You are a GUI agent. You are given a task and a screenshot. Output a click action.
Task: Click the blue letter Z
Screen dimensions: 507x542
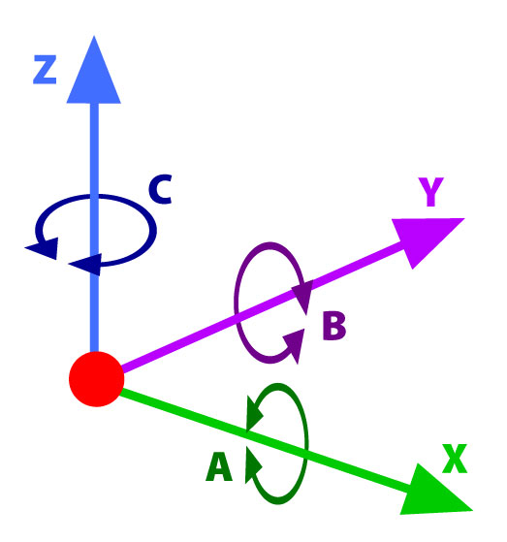pyautogui.click(x=45, y=70)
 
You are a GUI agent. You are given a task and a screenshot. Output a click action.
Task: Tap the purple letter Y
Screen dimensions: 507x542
pyautogui.click(x=430, y=192)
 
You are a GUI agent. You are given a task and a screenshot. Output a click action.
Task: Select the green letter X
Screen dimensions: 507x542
pyautogui.click(x=455, y=459)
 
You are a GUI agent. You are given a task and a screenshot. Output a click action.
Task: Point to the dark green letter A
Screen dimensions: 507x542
pyautogui.click(x=219, y=466)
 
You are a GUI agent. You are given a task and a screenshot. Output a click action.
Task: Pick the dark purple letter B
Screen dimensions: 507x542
pyautogui.click(x=333, y=326)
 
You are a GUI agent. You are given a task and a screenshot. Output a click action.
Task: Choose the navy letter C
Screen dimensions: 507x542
pyautogui.click(x=160, y=189)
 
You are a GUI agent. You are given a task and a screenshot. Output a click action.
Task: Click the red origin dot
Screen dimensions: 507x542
pyautogui.click(x=96, y=379)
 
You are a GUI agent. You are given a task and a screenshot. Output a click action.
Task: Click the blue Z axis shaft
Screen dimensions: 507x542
pyautogui.click(x=94, y=228)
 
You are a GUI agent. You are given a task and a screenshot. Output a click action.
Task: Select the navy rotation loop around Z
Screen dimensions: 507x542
pyautogui.click(x=152, y=230)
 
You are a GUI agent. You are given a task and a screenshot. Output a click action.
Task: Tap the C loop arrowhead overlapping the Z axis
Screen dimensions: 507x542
pyautogui.click(x=87, y=265)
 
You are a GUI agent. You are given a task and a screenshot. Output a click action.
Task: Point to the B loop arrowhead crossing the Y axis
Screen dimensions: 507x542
pyautogui.click(x=303, y=296)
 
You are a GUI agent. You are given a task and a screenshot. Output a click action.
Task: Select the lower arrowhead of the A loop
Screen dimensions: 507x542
pyautogui.click(x=252, y=464)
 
